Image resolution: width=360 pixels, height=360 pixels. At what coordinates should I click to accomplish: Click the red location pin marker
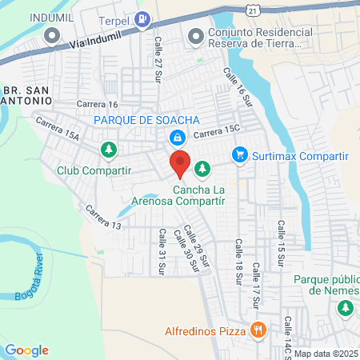pyautogui.click(x=180, y=163)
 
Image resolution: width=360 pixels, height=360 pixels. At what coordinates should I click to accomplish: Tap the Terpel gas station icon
pyautogui.click(x=142, y=19)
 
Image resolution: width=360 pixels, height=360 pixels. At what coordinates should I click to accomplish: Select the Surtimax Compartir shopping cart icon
pyautogui.click(x=238, y=154)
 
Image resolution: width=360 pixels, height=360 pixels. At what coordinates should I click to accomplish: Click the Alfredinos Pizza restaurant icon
pyautogui.click(x=258, y=329)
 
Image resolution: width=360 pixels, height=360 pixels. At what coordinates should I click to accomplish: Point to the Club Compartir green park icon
pyautogui.click(x=109, y=150)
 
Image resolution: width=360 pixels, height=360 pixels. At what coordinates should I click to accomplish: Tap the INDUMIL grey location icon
pyautogui.click(x=53, y=34)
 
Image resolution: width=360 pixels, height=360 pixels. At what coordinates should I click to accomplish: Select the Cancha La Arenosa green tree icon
pyautogui.click(x=203, y=169)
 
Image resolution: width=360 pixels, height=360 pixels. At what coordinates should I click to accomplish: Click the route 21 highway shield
pyautogui.click(x=253, y=9)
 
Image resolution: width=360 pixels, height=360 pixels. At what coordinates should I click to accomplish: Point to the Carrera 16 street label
pyautogui.click(x=97, y=104)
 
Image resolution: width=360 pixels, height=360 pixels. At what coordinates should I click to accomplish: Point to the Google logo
pyautogui.click(x=26, y=350)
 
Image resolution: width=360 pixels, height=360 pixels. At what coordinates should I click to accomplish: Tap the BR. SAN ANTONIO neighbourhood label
pyautogui.click(x=26, y=95)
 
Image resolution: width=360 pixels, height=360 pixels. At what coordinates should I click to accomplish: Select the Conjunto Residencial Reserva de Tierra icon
pyautogui.click(x=195, y=34)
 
